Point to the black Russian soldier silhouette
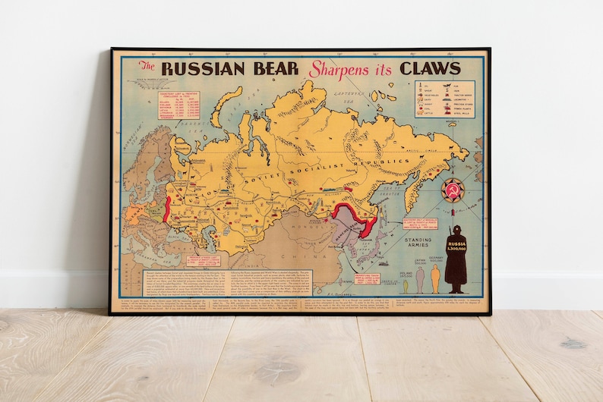coord(456,258)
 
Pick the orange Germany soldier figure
coord(435,278)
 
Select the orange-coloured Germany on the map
coord(137,209)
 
